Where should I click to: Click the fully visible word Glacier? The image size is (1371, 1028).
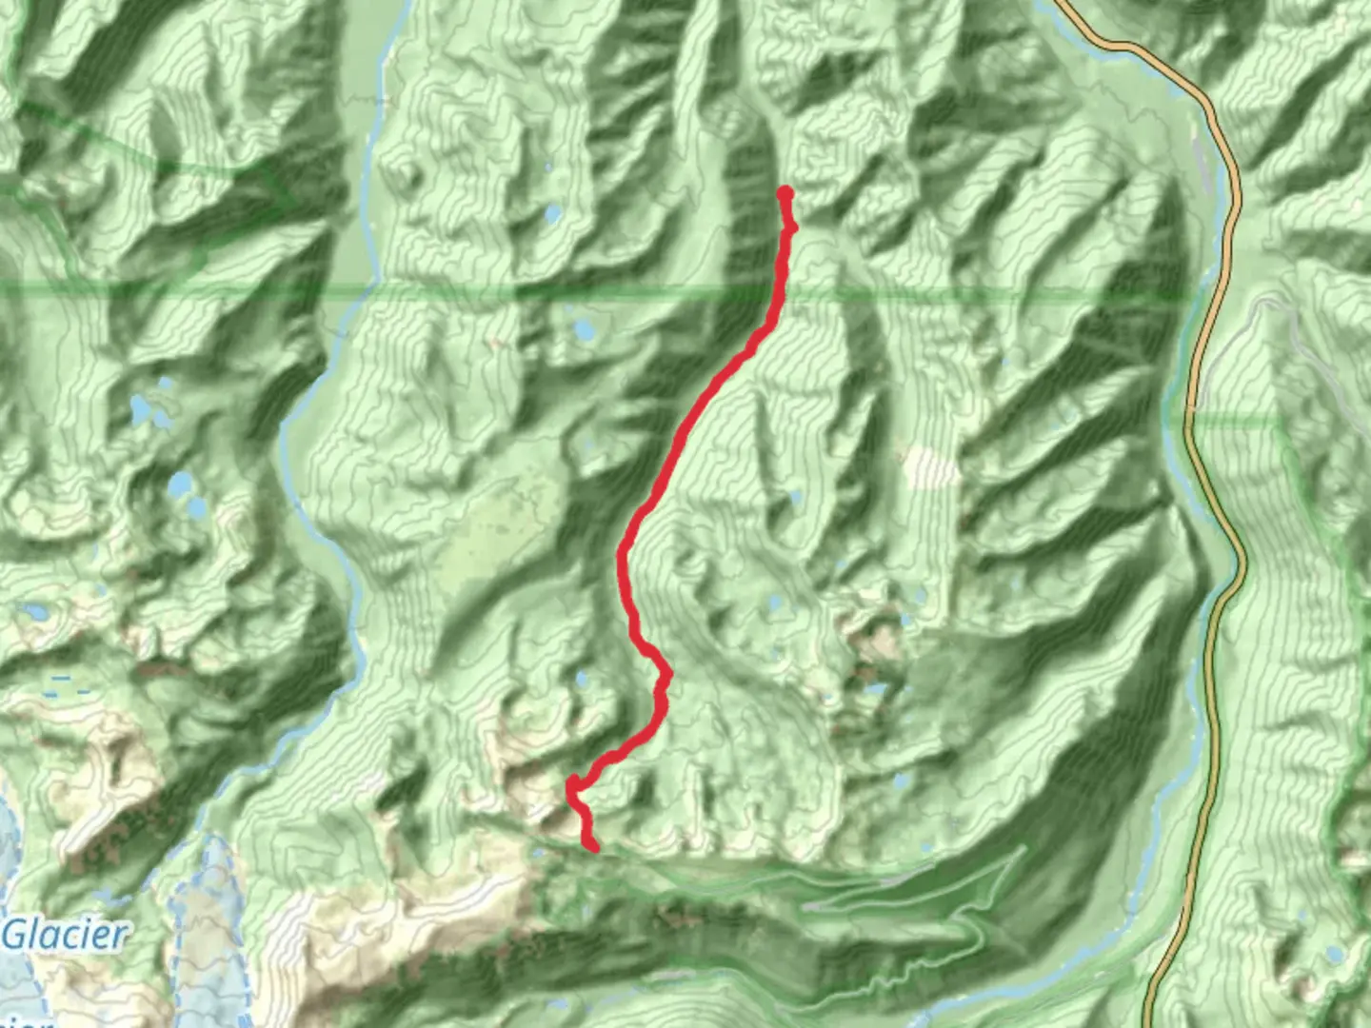point(64,935)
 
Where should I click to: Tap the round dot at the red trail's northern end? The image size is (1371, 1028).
point(785,194)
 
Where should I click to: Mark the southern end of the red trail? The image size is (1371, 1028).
point(594,846)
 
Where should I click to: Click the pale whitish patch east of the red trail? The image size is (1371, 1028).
point(929,465)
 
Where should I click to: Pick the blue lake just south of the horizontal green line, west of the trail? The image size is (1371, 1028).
point(583,330)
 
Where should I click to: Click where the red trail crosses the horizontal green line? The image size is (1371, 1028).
point(781,290)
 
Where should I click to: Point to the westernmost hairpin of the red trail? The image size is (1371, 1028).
point(572,786)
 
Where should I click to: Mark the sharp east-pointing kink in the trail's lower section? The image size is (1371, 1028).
point(667,674)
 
